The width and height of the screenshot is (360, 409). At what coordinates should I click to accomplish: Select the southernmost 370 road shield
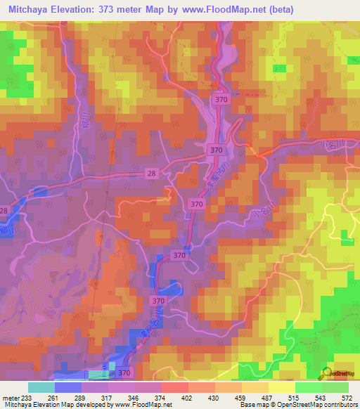[124, 372]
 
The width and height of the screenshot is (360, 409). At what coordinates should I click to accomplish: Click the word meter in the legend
[12, 397]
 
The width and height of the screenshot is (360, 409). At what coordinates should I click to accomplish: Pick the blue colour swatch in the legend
[68, 387]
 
